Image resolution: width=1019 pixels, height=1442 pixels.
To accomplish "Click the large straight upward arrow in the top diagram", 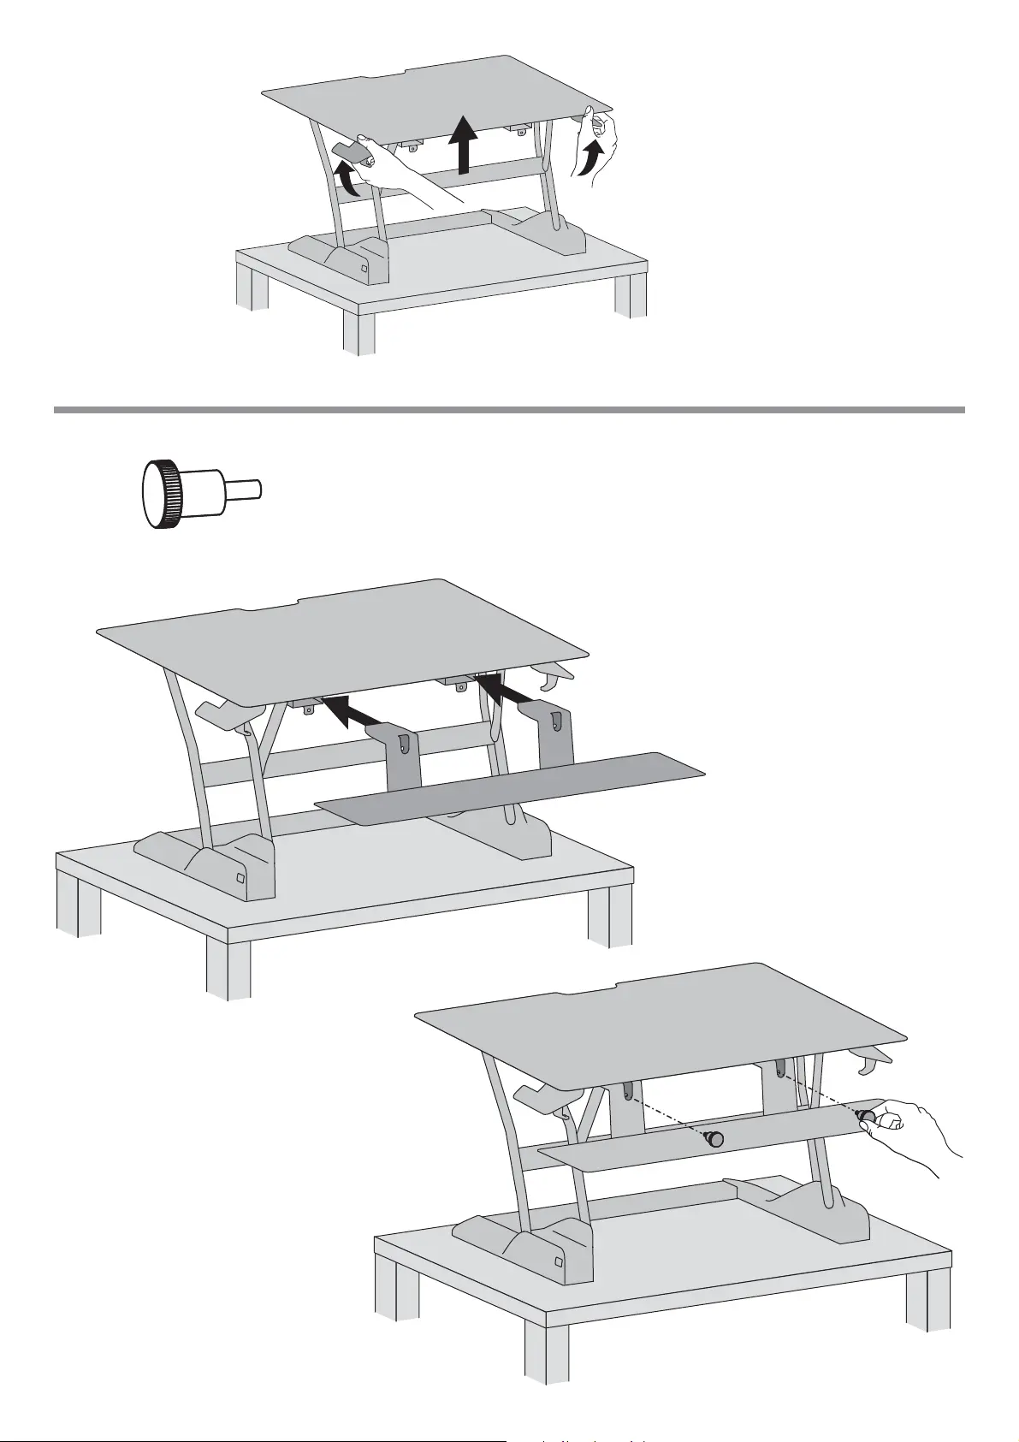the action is [463, 145].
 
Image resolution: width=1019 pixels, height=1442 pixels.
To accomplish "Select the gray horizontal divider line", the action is [509, 410].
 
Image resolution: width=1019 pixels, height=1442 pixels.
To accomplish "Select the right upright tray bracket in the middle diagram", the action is [555, 736].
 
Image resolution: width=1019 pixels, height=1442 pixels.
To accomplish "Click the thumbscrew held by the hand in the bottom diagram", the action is [866, 1116].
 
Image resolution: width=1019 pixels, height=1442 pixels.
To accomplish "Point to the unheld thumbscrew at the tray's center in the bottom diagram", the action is [713, 1139].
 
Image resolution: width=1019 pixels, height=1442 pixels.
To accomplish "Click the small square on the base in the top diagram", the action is [364, 268].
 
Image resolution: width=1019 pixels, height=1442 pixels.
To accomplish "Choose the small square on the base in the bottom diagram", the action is [559, 1261].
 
